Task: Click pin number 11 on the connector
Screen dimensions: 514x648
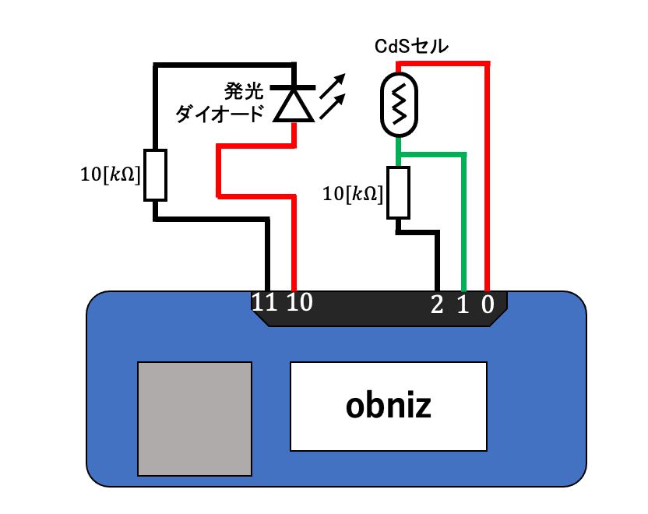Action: tap(265, 303)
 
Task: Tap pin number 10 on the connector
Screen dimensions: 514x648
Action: tap(299, 303)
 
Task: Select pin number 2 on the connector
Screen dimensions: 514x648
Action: tap(436, 305)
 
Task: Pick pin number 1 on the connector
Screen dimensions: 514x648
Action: tap(462, 305)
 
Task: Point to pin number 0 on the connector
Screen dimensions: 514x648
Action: tap(488, 305)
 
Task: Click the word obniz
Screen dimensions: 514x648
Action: tap(388, 406)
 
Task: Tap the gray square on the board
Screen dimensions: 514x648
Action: tap(195, 418)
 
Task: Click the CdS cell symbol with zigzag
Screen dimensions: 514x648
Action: tap(399, 103)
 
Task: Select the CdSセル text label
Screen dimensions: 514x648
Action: tap(411, 47)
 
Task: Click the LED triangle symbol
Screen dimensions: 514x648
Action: tap(294, 105)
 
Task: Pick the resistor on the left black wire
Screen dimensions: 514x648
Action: tap(156, 176)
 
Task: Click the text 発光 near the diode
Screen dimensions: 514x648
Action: tap(241, 90)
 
